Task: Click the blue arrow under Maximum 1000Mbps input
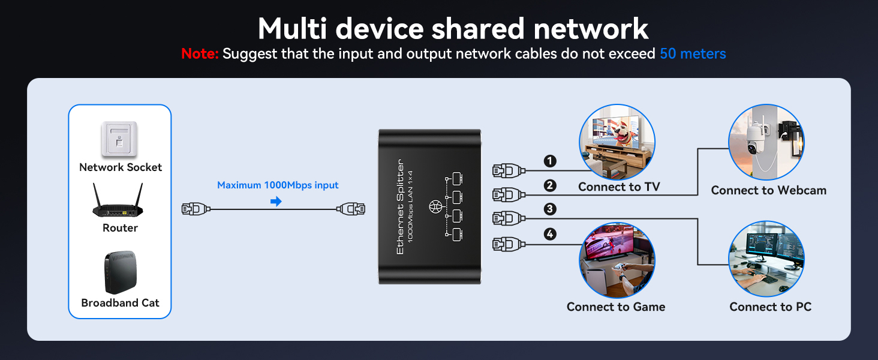point(276,202)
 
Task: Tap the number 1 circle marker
point(550,161)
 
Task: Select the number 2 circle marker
point(550,186)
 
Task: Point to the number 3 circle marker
point(550,209)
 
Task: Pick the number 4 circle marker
point(550,234)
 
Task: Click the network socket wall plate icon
point(119,140)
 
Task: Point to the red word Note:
point(200,54)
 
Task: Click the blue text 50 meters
point(693,54)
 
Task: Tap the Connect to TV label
point(619,187)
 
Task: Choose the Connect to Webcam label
point(768,191)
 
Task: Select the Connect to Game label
point(616,307)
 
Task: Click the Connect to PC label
point(770,307)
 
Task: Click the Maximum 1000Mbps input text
point(278,185)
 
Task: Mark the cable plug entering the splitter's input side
point(351,209)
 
